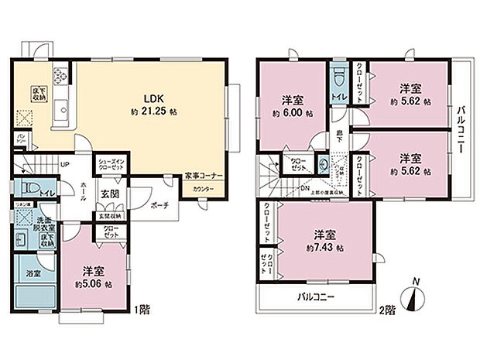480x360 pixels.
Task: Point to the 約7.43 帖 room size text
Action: pyautogui.click(x=324, y=247)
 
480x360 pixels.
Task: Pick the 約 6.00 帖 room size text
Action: pyautogui.click(x=291, y=113)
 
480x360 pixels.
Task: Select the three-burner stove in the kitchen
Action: pyautogui.click(x=60, y=77)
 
